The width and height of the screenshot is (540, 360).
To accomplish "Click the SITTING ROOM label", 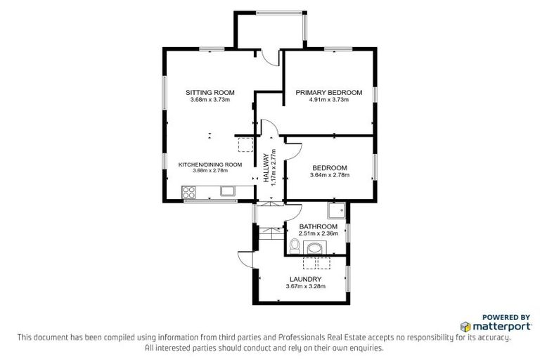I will click(210, 93).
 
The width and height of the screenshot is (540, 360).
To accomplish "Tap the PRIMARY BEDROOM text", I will click(328, 93).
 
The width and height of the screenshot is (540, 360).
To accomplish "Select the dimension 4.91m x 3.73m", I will click(328, 100).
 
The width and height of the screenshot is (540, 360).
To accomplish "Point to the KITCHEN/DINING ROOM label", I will click(210, 165).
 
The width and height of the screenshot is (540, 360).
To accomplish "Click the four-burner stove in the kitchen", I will click(189, 191).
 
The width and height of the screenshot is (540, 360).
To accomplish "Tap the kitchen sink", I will click(228, 190).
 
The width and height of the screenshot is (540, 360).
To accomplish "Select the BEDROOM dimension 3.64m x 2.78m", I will click(328, 174).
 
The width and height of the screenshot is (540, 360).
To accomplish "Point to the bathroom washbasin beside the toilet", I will click(314, 248).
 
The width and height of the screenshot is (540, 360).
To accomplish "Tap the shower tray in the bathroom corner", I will click(336, 210).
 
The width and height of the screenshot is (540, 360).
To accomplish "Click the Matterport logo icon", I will click(466, 327).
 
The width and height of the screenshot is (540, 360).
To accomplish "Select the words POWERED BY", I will click(505, 317).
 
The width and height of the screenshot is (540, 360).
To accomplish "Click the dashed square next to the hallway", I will click(246, 145).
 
